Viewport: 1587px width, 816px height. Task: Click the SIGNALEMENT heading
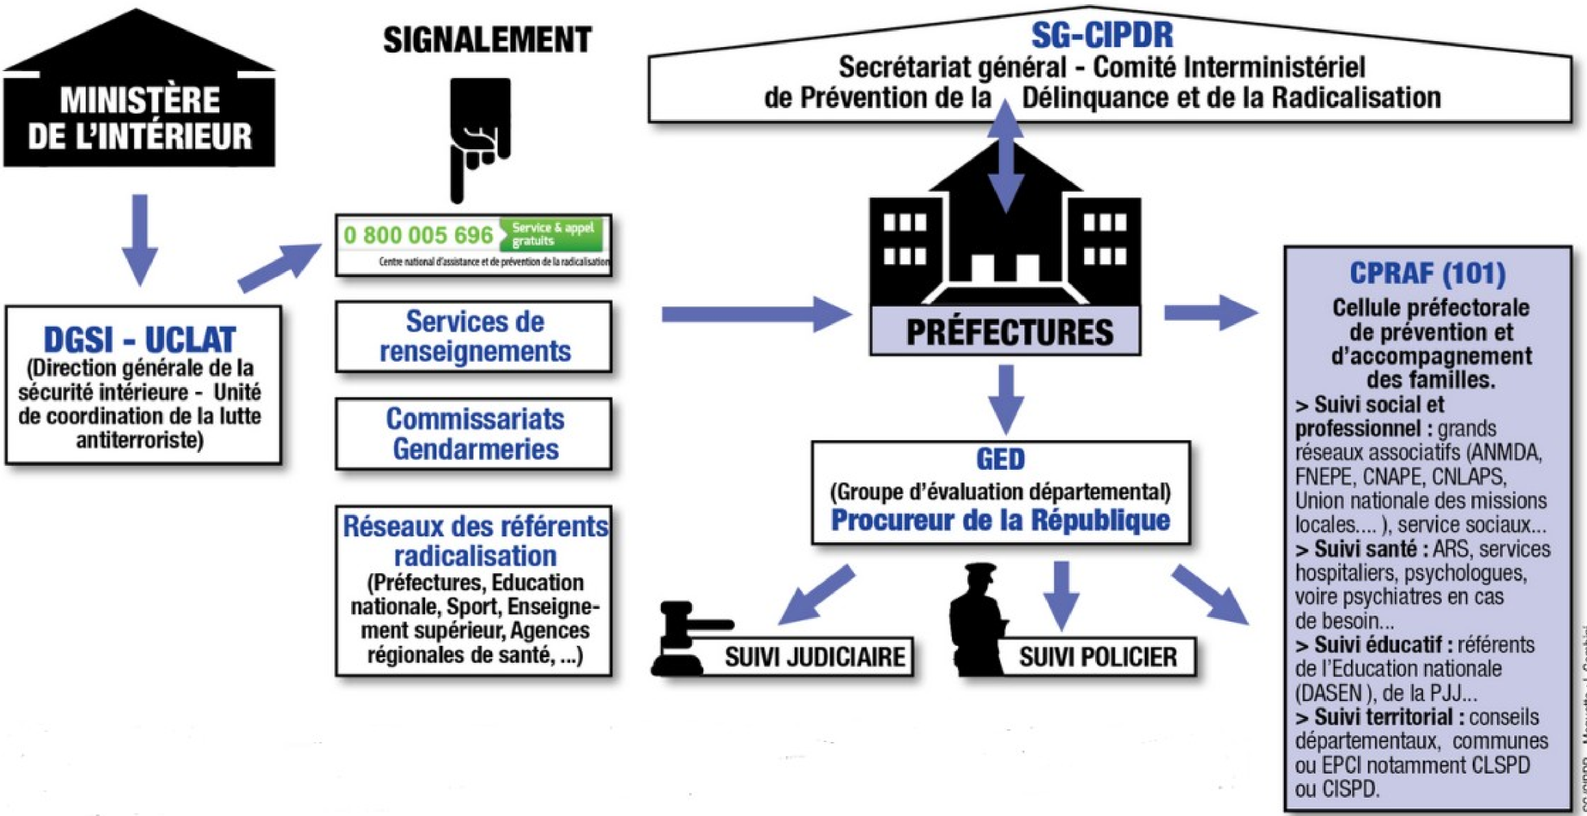(x=487, y=40)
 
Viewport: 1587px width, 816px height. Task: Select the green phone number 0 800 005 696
(x=418, y=235)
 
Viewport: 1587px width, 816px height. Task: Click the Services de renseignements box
(x=474, y=337)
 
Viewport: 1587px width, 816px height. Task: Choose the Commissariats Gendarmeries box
(x=474, y=434)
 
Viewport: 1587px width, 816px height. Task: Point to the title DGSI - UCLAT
(x=140, y=339)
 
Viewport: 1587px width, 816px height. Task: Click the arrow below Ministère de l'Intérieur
(x=140, y=239)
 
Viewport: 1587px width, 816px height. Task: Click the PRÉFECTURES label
(x=1009, y=332)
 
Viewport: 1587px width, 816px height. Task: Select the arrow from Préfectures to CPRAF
(x=1210, y=313)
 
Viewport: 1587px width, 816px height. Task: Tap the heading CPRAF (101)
(x=1427, y=274)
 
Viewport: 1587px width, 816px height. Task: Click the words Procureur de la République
(x=1000, y=521)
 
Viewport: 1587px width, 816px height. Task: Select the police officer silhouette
(x=979, y=619)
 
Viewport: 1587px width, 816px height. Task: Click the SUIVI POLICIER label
(x=1098, y=657)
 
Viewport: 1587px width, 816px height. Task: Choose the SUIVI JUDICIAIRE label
(x=814, y=657)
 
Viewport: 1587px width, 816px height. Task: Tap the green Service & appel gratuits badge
(x=552, y=234)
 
